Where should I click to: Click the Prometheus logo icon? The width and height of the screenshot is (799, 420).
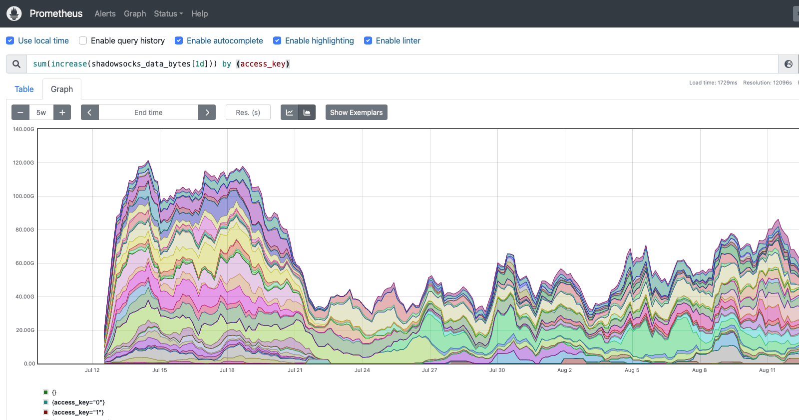(x=14, y=13)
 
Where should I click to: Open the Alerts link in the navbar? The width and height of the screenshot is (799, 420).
(x=105, y=13)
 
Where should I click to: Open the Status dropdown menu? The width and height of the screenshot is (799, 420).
(x=168, y=13)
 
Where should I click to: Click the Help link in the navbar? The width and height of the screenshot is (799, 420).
(x=199, y=13)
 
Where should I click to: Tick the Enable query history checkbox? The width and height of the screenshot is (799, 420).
(x=83, y=40)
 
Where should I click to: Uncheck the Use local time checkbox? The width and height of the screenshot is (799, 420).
(x=10, y=40)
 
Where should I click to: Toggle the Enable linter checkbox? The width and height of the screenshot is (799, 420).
(x=368, y=40)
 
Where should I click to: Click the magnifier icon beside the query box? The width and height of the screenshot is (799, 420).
(x=16, y=64)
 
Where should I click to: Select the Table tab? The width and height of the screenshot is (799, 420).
(x=24, y=89)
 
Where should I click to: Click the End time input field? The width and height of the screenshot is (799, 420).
(x=148, y=112)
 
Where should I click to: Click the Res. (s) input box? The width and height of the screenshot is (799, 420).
(x=248, y=112)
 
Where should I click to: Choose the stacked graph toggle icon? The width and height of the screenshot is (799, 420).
(x=307, y=112)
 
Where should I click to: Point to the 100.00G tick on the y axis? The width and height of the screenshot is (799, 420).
(x=23, y=196)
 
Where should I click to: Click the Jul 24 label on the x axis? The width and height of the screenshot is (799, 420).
(x=362, y=370)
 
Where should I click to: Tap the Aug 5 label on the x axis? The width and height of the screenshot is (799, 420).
(x=632, y=370)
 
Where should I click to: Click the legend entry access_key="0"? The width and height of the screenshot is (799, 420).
(x=78, y=402)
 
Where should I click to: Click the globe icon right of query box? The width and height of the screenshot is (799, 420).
(x=789, y=64)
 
